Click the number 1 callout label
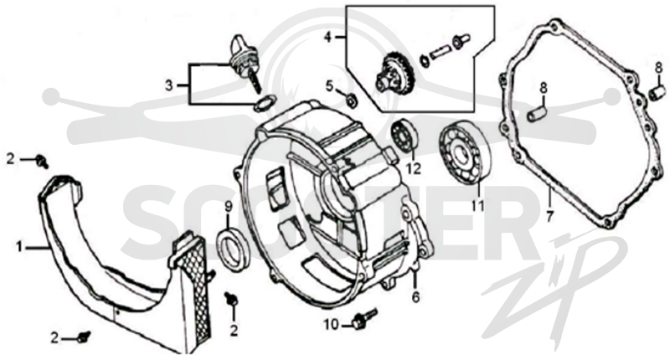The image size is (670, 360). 18,246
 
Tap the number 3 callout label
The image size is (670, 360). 169,85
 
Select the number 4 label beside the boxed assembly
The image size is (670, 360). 327,37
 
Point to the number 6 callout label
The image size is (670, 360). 415,297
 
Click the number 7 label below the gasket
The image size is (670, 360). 550,217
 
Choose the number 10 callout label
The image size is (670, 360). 331,325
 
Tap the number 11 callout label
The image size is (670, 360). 477,206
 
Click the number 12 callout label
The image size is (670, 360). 413,168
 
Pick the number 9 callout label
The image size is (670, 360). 228,208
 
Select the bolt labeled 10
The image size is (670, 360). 364,319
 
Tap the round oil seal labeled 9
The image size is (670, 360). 232,249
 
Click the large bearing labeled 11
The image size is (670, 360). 466,153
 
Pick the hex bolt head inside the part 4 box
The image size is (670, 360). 461,40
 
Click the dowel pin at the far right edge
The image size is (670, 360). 657,92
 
